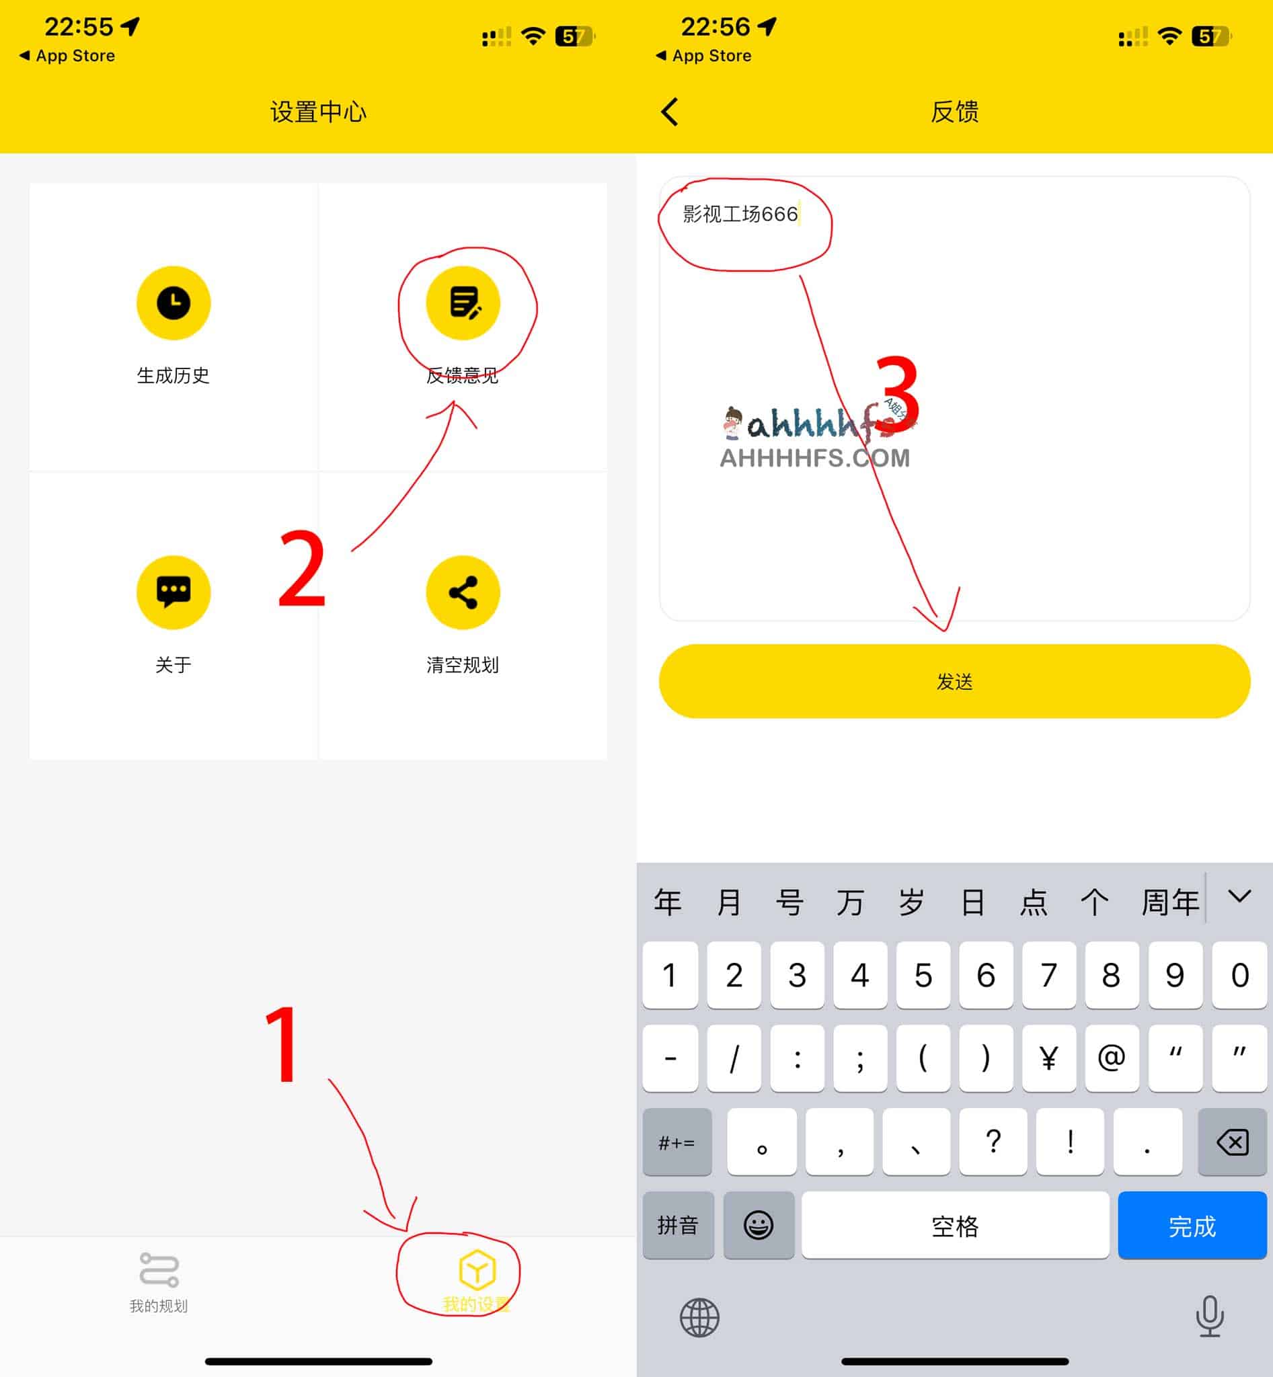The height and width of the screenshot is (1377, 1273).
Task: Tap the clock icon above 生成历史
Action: point(173,303)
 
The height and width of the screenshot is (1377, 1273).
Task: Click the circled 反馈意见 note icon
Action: point(463,303)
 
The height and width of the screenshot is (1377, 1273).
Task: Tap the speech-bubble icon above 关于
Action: point(173,592)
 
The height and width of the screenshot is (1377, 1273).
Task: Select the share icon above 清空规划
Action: point(463,592)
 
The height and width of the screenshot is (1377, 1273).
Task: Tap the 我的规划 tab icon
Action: point(159,1269)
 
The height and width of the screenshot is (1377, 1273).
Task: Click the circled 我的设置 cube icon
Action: point(477,1269)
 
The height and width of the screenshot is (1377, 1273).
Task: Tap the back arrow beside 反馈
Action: point(670,112)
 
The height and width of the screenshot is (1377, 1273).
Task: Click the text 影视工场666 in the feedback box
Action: point(740,214)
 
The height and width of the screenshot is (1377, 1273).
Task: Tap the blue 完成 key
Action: point(1192,1226)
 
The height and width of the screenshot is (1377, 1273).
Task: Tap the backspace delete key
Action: point(1233,1142)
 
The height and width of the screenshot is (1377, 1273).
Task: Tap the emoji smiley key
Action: point(759,1226)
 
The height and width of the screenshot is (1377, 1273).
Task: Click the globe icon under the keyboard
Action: point(699,1318)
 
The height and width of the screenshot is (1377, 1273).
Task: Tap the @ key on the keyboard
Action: point(1111,1058)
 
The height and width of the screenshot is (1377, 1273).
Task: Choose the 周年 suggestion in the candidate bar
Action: point(1169,902)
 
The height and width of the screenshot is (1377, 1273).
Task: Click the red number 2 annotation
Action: point(302,569)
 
